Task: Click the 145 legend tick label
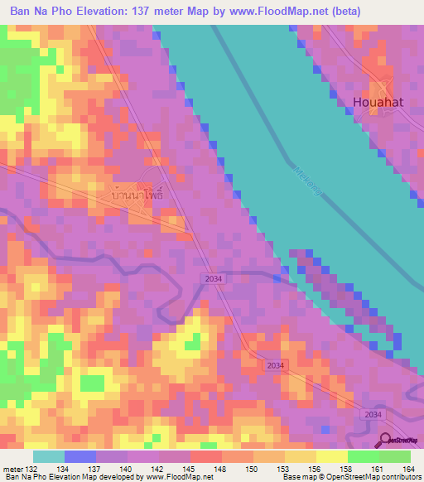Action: (x=190, y=469)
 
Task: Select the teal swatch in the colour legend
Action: (x=49, y=456)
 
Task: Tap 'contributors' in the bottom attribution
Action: (x=399, y=478)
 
